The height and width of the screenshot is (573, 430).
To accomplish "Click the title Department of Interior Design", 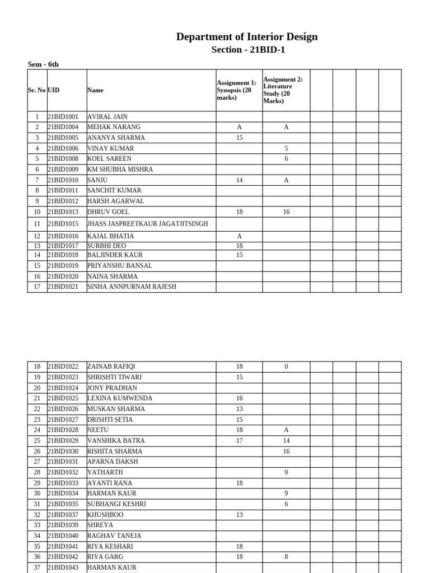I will [247, 37].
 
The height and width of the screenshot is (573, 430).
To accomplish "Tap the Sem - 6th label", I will [43, 64].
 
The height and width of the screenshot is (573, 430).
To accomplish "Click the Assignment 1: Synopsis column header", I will [236, 90].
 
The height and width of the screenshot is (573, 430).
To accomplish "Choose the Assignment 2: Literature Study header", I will [283, 90].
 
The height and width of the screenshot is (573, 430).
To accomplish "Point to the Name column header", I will [95, 90].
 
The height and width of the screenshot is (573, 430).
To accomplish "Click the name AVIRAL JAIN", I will [107, 117].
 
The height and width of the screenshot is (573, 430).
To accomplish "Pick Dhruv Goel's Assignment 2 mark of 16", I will [286, 212].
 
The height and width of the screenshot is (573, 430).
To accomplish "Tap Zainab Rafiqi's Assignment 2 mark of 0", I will [286, 367].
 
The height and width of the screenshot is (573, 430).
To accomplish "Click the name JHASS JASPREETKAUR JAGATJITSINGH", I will [148, 224].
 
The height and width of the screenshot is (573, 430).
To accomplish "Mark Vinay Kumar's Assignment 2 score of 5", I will [286, 148].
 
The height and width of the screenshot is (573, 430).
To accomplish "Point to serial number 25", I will [37, 441].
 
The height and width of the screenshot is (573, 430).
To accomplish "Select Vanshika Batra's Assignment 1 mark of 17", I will [239, 441].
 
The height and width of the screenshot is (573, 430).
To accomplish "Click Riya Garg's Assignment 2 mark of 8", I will [286, 557].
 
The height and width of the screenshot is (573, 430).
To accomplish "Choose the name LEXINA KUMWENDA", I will [120, 398].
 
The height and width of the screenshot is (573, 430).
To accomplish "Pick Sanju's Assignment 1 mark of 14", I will [239, 180].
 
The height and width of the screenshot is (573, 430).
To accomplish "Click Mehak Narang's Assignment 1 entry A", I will [239, 128].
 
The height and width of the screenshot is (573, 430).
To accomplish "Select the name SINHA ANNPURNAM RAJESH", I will [132, 286].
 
